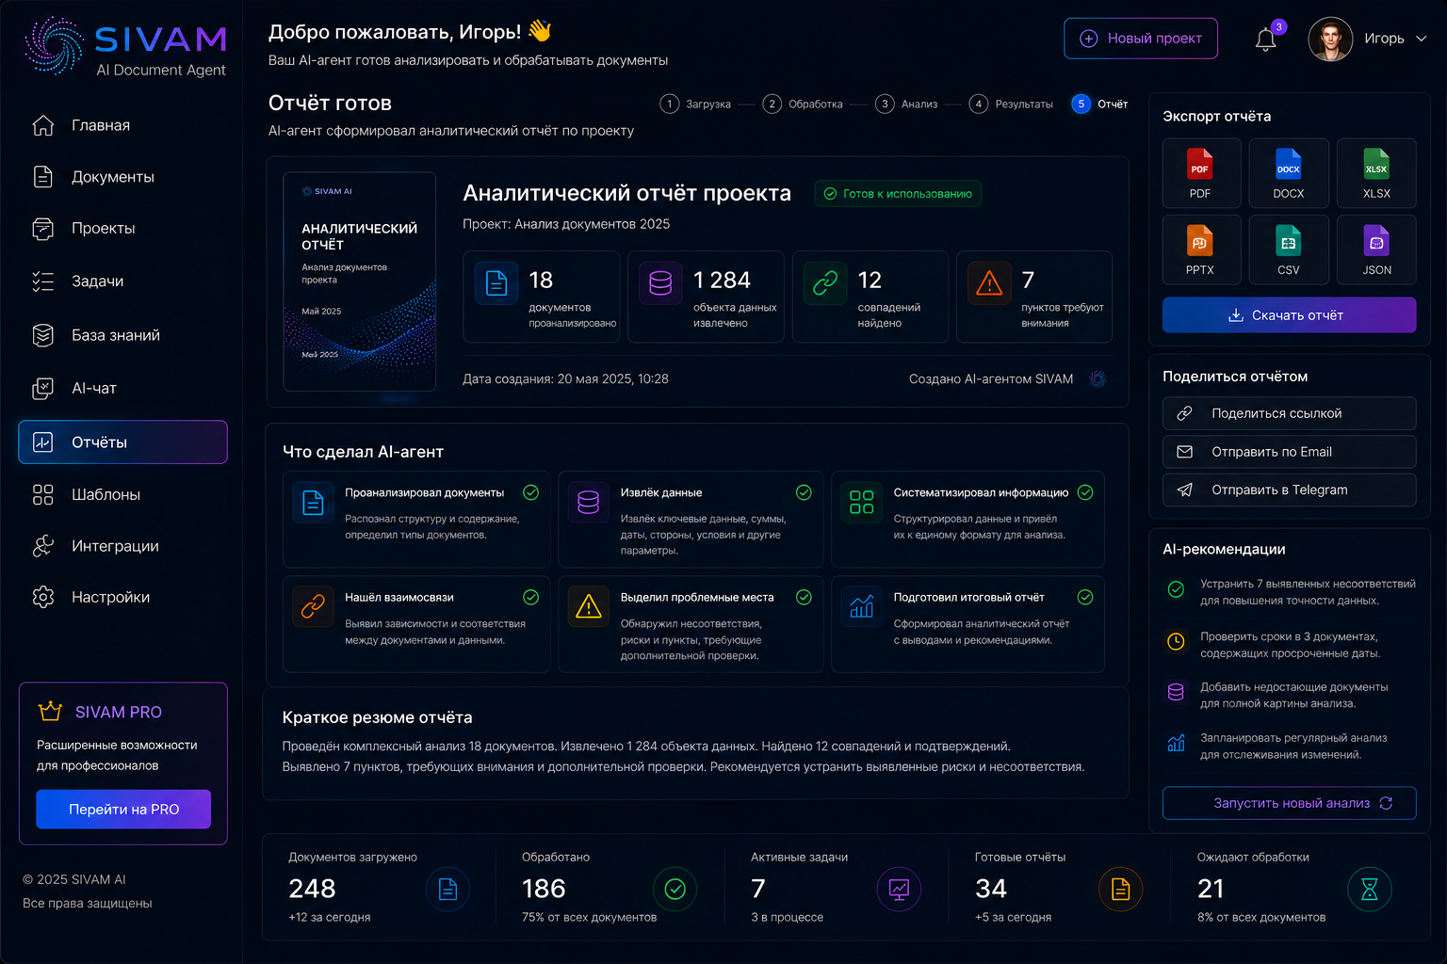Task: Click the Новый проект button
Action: pos(1140,39)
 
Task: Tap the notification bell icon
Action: pos(1265,40)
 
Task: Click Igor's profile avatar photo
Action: pos(1330,39)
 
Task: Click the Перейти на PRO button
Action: pos(123,809)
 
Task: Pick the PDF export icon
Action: pos(1199,164)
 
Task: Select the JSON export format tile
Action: pos(1376,249)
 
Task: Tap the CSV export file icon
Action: pos(1288,240)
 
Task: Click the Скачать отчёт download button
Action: pos(1289,315)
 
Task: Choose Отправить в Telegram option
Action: pos(1289,490)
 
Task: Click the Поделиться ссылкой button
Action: pos(1289,413)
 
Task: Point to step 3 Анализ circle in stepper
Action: pos(885,104)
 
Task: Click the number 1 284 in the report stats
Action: pos(722,280)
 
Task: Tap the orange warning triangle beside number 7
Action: pos(988,283)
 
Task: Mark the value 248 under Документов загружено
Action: pos(312,889)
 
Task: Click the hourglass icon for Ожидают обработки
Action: pos(1369,889)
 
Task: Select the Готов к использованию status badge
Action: pos(898,194)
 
